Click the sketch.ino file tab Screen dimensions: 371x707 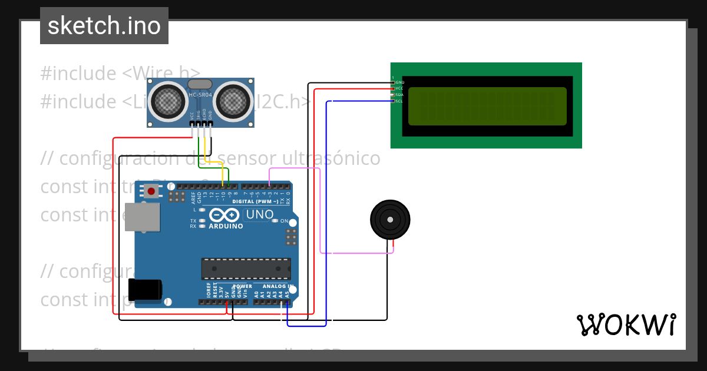(x=104, y=26)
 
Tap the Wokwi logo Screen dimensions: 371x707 (x=626, y=324)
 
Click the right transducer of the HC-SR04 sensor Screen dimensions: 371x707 (x=233, y=101)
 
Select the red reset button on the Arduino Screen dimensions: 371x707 (x=151, y=191)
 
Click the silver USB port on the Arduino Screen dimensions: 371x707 (x=142, y=217)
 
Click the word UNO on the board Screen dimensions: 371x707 (x=259, y=215)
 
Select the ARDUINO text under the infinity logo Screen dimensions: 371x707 (x=226, y=226)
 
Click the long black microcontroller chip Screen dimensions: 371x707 (x=246, y=269)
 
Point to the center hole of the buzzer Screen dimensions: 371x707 (x=390, y=219)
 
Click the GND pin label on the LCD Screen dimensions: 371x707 (x=400, y=82)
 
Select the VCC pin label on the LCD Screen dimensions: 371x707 (x=400, y=88)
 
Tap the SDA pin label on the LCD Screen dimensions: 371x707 (x=400, y=95)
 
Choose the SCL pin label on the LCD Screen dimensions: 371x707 (x=399, y=101)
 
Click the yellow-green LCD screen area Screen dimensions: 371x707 (x=487, y=106)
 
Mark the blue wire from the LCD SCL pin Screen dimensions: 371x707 (x=326, y=212)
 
